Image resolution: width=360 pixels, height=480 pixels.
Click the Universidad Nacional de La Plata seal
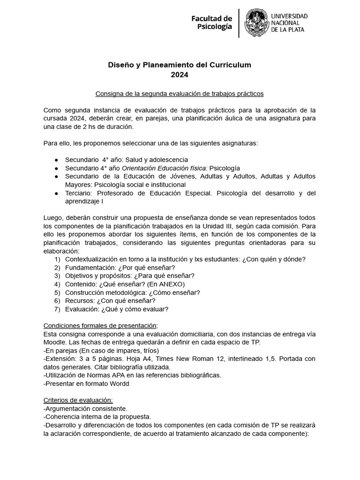pyautogui.click(x=257, y=22)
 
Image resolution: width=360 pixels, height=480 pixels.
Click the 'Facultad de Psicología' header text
pyautogui.click(x=211, y=22)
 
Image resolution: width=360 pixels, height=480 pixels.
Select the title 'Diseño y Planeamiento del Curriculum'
pyautogui.click(x=180, y=65)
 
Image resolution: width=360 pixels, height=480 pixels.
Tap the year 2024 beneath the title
pyautogui.click(x=180, y=74)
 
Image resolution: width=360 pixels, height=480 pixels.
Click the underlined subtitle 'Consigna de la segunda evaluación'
pyautogui.click(x=180, y=94)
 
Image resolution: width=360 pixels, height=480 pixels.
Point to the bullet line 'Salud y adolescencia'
pyautogui.click(x=150, y=159)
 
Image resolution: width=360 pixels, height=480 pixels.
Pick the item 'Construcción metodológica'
pyautogui.click(x=105, y=292)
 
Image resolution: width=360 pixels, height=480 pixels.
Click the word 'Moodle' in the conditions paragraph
pyautogui.click(x=55, y=342)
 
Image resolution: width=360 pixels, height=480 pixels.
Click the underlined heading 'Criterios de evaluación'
pyautogui.click(x=78, y=400)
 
